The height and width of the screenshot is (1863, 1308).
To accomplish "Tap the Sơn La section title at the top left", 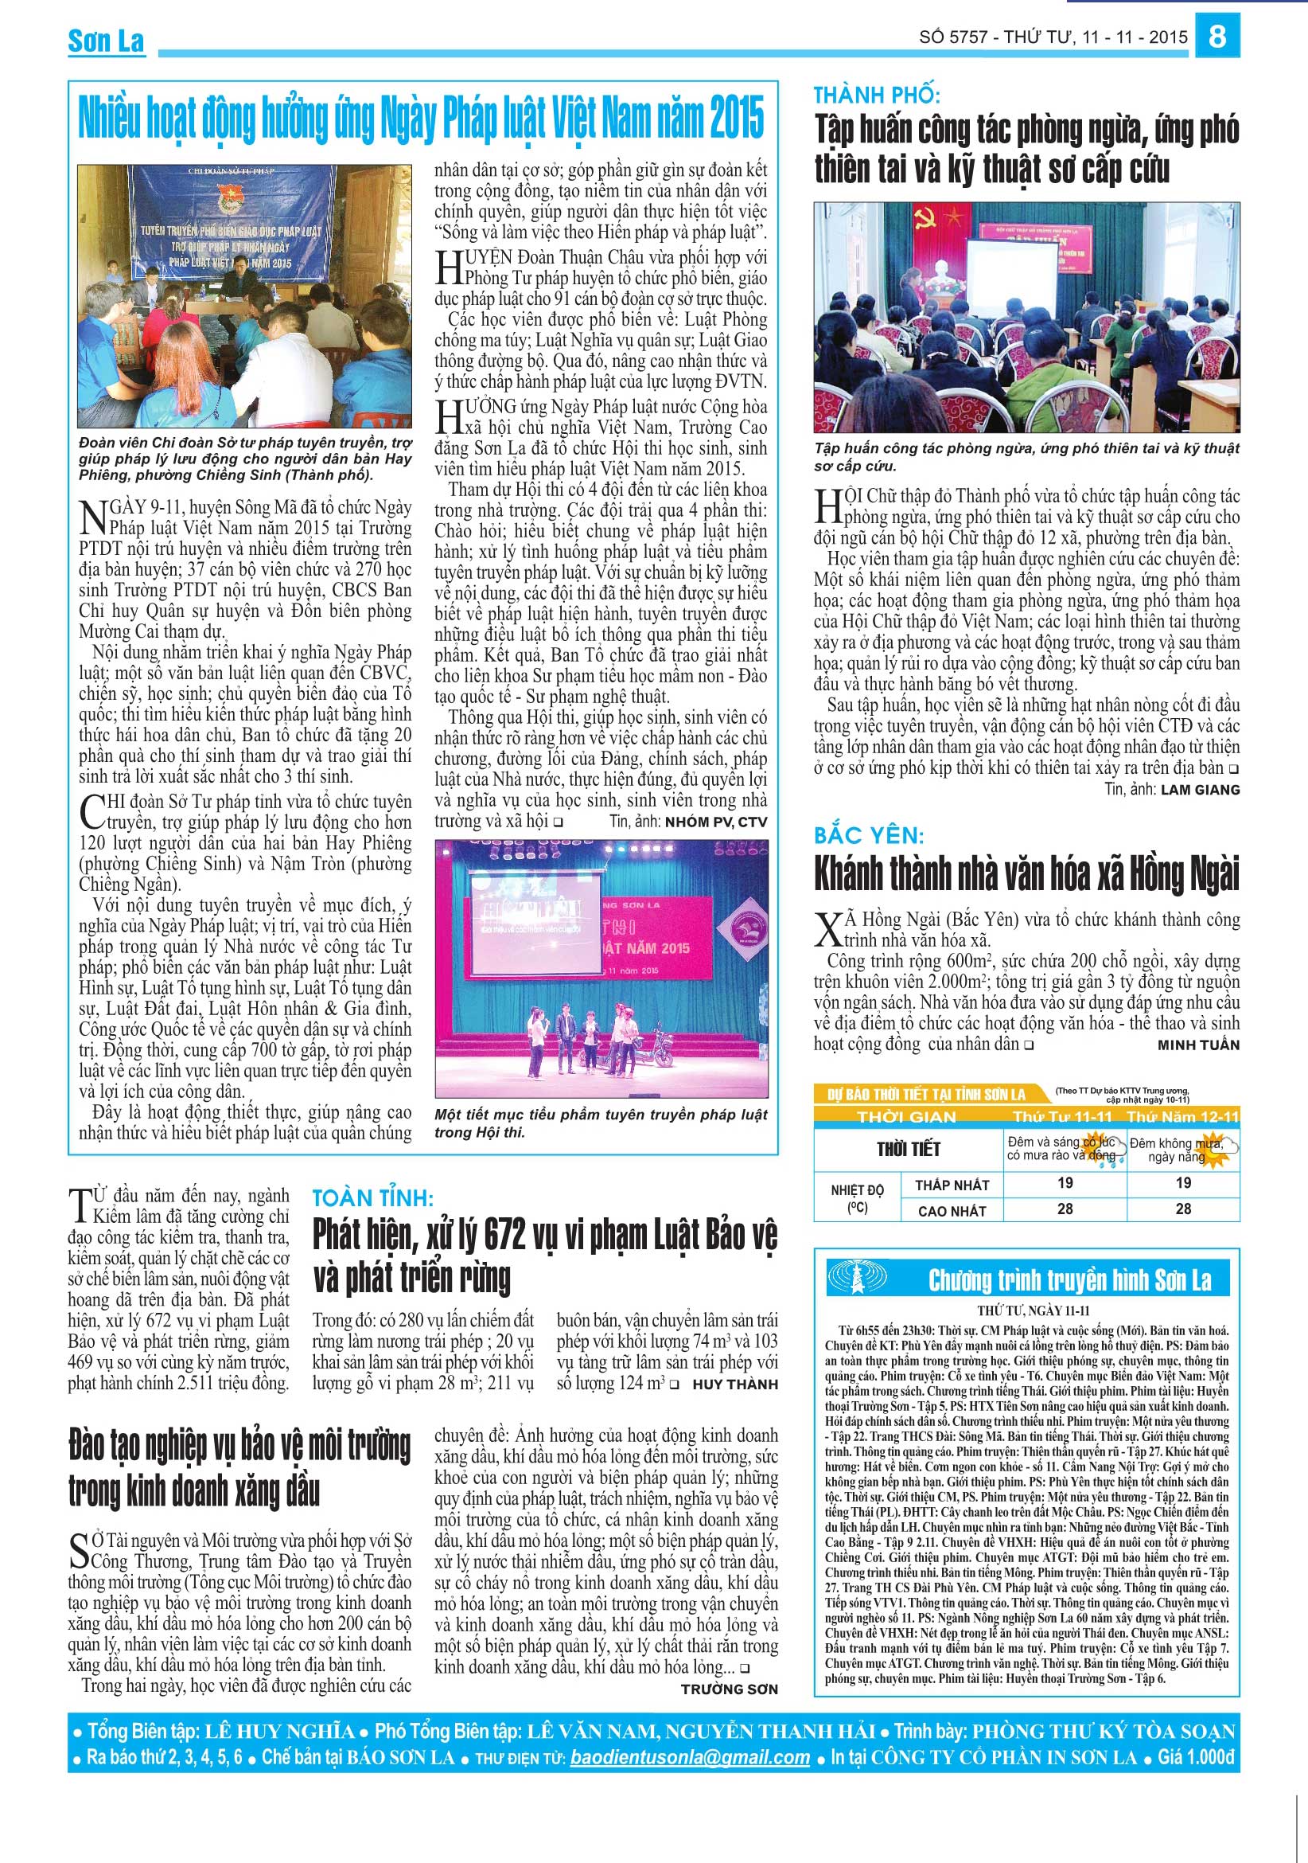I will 107,41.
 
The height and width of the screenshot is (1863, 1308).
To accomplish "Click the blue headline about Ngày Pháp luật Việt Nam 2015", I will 421,118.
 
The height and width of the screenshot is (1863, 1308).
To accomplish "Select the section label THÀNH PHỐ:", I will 877,95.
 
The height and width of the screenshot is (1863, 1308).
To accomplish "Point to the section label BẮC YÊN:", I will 869,835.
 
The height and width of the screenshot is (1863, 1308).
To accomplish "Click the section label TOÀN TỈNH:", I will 373,1198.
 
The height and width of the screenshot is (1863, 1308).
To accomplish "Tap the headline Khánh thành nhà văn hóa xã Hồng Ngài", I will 1026,874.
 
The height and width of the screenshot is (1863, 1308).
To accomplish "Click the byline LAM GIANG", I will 1200,790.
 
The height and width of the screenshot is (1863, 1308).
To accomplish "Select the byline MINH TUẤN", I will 1198,1045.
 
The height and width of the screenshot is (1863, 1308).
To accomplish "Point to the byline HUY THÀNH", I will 734,1385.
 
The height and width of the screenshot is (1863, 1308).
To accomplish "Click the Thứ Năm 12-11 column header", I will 1183,1118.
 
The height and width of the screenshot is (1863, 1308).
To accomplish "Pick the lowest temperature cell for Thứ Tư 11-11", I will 1065,1184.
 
